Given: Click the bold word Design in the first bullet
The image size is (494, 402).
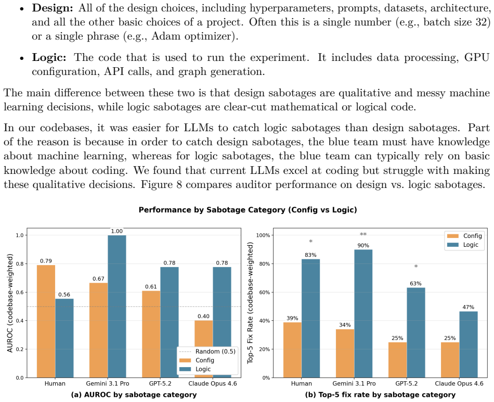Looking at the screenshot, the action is click(53, 8).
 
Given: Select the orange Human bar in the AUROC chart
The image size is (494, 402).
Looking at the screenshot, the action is click(46, 321).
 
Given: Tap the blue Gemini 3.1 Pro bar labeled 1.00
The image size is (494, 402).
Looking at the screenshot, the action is click(117, 306).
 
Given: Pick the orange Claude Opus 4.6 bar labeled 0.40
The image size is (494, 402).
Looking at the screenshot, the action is click(203, 349).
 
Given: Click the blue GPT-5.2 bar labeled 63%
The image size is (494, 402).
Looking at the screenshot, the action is click(416, 333).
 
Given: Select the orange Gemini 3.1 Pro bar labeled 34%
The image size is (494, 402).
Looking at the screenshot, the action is click(345, 354).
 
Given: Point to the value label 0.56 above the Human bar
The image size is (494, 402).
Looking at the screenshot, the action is click(64, 295).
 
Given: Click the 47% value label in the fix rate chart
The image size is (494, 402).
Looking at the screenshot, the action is click(469, 307).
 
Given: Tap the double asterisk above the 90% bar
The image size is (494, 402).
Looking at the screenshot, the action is click(363, 234).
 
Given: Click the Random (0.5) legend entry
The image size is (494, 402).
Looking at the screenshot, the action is click(207, 351).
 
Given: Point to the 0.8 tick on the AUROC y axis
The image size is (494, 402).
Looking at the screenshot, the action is click(20, 264).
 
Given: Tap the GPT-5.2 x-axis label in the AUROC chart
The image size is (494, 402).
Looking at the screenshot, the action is click(160, 384).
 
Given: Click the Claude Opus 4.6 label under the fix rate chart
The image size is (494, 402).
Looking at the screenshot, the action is click(459, 384).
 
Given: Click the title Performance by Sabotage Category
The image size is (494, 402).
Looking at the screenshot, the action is click(248, 210).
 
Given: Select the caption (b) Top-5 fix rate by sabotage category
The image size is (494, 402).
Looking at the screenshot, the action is click(380, 395).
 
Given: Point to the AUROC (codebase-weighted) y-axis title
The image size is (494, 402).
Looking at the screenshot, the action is click(10, 303).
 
